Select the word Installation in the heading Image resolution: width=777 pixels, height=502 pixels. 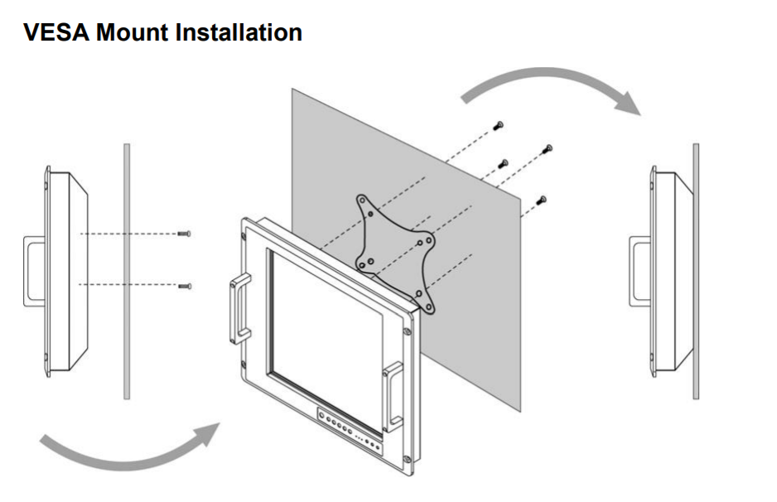pyautogui.click(x=239, y=33)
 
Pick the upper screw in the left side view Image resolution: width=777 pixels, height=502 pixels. pyautogui.click(x=184, y=235)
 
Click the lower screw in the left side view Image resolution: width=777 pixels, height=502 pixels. pyautogui.click(x=184, y=286)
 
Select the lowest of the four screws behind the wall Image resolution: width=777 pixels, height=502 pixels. pyautogui.click(x=542, y=199)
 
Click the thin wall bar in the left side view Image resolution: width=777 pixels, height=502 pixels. pyautogui.click(x=127, y=270)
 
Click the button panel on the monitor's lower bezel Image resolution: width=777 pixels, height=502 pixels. pyautogui.click(x=348, y=432)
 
